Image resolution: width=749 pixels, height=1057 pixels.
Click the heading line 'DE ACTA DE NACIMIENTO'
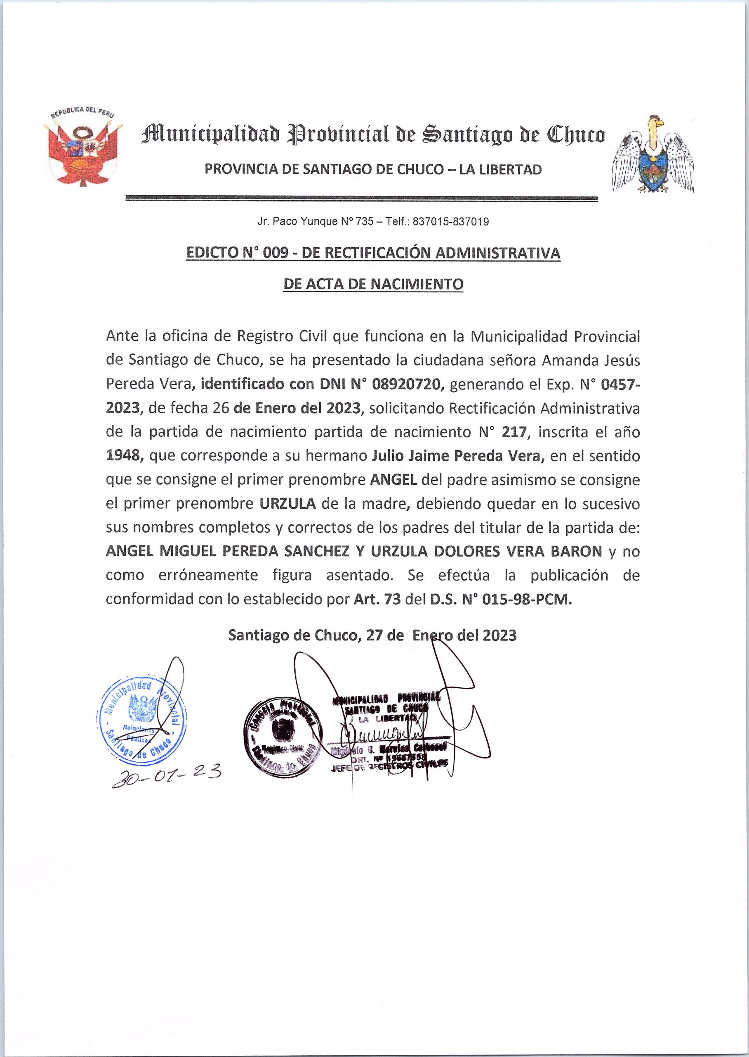pos(373,284)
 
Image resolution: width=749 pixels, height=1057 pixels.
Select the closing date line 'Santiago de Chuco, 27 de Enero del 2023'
pos(373,635)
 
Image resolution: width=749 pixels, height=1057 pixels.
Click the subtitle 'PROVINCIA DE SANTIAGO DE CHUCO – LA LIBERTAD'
pos(373,170)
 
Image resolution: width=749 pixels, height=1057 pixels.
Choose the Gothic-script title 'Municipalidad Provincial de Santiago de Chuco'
pos(373,135)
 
